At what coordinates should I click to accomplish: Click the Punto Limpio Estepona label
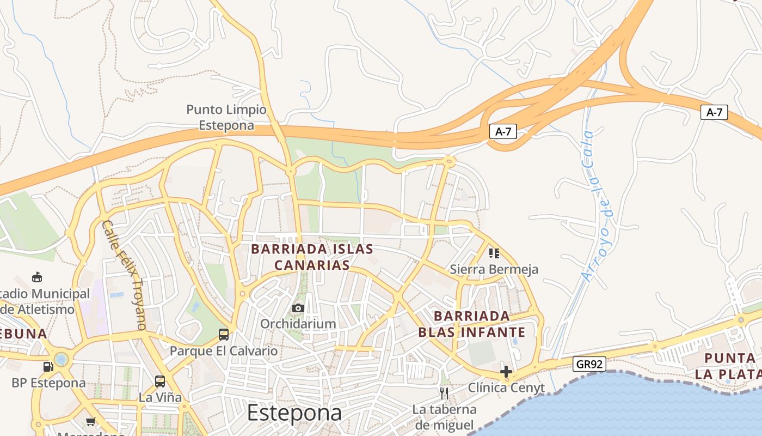point(226,117)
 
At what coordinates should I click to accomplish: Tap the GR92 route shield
point(589,364)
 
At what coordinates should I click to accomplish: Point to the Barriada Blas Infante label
point(472,324)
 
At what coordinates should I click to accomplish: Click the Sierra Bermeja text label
point(494,269)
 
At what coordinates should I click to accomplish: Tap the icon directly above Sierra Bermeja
point(494,253)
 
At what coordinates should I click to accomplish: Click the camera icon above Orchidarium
point(298,308)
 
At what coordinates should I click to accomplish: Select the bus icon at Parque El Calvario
point(223,334)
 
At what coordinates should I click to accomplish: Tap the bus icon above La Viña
point(159,381)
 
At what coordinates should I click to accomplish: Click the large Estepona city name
point(294,413)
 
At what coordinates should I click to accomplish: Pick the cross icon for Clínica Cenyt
point(506,372)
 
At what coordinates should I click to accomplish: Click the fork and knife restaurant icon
point(444,393)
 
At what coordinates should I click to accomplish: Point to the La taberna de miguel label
point(444,417)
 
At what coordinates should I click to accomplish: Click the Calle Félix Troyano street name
point(125,275)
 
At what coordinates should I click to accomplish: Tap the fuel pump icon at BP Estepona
point(48,367)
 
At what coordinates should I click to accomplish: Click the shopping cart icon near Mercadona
point(91,421)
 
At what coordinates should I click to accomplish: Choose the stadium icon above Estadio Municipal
point(37,277)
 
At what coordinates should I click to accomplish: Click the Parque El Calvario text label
point(223,350)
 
